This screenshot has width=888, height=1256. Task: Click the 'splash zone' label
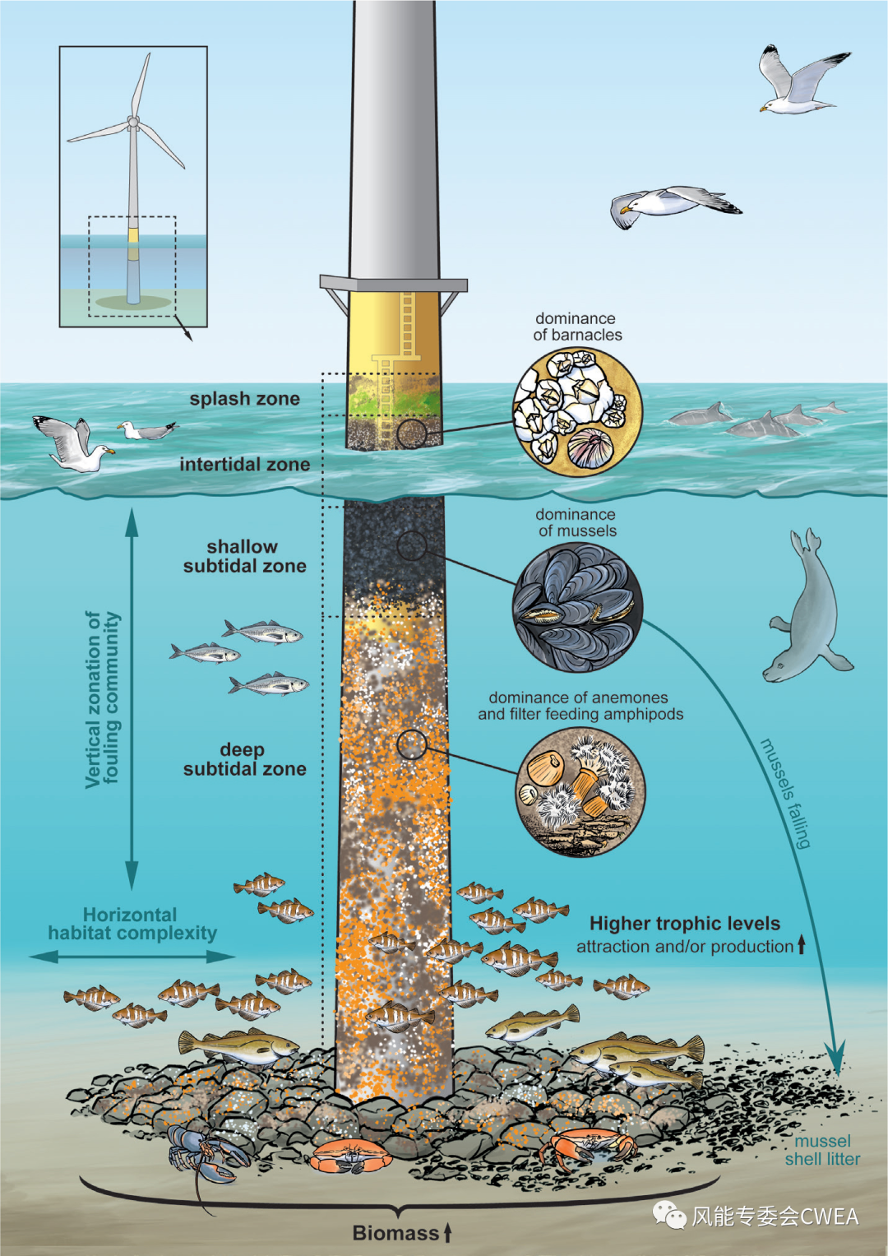(x=244, y=399)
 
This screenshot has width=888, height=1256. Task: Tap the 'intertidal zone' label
(x=244, y=464)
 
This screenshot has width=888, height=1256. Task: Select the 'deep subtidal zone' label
(x=244, y=759)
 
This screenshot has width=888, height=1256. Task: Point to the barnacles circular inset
(x=577, y=411)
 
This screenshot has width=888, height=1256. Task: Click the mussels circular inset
(x=577, y=609)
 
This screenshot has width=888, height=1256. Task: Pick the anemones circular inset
(x=580, y=792)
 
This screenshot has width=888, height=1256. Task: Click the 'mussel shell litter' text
(x=822, y=1150)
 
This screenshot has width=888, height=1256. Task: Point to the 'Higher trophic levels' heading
(x=684, y=924)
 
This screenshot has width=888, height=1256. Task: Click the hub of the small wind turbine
(x=133, y=121)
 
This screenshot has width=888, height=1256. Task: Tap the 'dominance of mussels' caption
(x=576, y=522)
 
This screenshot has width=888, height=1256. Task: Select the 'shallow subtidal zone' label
(x=244, y=556)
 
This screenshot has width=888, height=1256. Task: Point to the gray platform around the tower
(x=394, y=283)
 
